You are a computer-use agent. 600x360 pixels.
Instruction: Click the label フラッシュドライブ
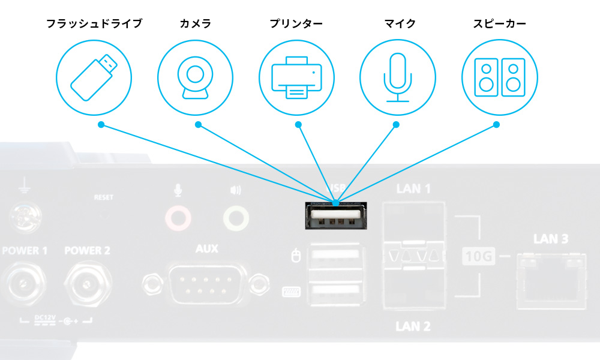coord(94,24)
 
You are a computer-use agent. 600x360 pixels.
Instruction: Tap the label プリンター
coord(296,24)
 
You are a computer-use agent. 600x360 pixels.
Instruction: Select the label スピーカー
coord(499,24)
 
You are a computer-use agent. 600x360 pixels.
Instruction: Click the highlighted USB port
coord(335,217)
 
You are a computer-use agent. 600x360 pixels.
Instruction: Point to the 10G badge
coord(479,257)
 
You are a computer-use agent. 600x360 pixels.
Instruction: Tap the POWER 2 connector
coord(87,281)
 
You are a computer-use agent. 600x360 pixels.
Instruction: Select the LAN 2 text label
coord(413,326)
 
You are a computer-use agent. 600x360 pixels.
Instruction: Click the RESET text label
coord(103,197)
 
